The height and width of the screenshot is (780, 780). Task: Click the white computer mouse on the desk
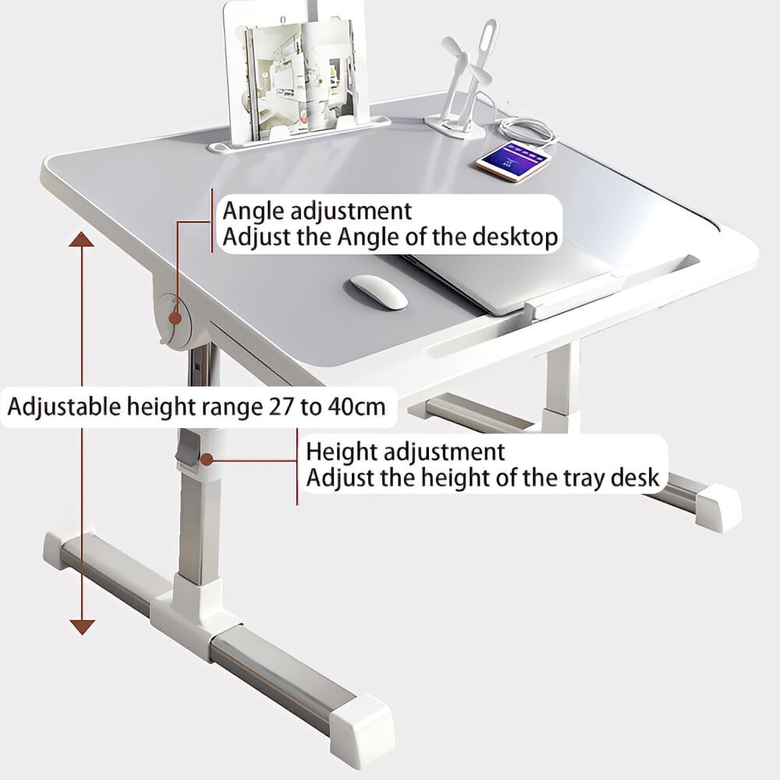click(x=378, y=292)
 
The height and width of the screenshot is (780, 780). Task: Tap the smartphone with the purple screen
click(x=513, y=161)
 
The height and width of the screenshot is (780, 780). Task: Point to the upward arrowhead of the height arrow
click(x=82, y=239)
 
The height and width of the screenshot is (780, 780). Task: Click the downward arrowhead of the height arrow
click(x=82, y=627)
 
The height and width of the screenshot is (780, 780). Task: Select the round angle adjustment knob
click(x=174, y=319)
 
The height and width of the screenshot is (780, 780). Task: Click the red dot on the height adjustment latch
click(x=207, y=459)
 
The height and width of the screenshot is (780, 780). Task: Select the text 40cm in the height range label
click(x=356, y=407)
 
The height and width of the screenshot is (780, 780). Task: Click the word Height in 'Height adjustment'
click(x=341, y=452)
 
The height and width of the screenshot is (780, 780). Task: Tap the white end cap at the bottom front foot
click(x=362, y=725)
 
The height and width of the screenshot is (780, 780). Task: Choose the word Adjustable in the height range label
click(x=64, y=407)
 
